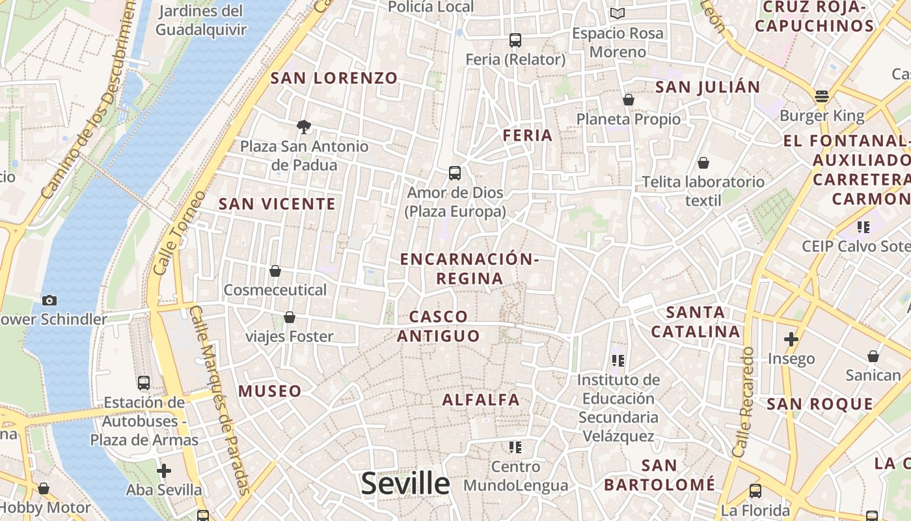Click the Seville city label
point(405,484)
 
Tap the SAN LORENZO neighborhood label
point(334,78)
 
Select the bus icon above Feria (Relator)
point(515,40)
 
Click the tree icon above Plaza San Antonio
point(303,126)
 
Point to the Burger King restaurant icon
point(821,96)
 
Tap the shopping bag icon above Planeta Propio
point(629,100)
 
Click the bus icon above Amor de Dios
point(455,173)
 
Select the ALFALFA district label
point(481,400)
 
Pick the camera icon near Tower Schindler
point(49,300)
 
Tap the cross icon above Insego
point(791,339)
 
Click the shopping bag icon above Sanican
point(873,356)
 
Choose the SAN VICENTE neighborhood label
point(277,204)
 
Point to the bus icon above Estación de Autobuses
point(144,383)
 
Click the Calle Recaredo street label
point(742,402)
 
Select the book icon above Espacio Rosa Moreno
point(617,14)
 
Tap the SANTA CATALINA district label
point(696,322)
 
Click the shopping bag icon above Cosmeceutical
point(275,271)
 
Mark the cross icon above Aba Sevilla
point(164,470)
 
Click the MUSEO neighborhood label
point(269,391)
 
